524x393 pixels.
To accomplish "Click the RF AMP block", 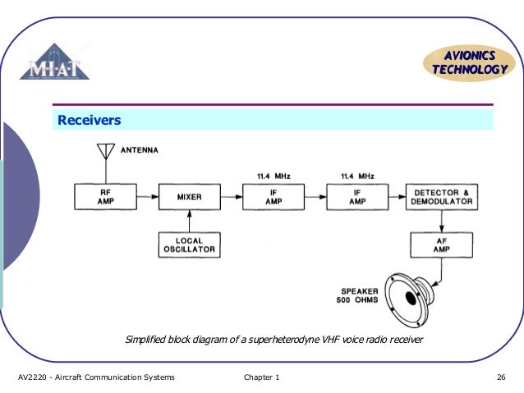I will click(x=105, y=198).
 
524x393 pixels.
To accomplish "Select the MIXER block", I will click(x=189, y=198).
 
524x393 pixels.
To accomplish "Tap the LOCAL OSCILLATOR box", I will click(x=189, y=244).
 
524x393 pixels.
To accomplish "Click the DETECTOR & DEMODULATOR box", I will click(x=442, y=198).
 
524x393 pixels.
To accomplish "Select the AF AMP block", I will click(x=442, y=244).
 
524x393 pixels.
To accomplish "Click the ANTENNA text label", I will click(x=140, y=150).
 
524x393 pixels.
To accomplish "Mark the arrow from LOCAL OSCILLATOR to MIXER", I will click(x=189, y=221).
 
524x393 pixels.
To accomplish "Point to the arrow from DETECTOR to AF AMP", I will click(x=442, y=221).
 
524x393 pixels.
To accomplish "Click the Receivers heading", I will click(x=89, y=121).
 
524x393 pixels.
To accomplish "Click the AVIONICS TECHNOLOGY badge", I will click(x=469, y=62).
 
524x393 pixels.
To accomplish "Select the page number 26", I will click(x=500, y=377).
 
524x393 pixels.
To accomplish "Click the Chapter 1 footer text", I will click(x=261, y=377).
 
